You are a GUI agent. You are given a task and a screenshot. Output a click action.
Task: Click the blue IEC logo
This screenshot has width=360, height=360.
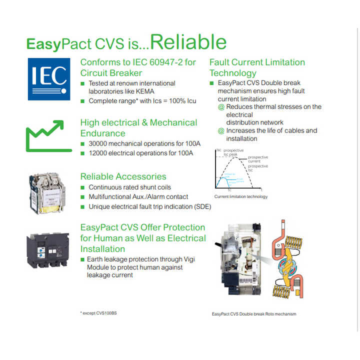point(48,78)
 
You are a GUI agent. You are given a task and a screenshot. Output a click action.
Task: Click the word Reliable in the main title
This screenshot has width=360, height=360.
point(188,42)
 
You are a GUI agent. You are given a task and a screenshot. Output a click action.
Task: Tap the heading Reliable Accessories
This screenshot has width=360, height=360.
point(123,176)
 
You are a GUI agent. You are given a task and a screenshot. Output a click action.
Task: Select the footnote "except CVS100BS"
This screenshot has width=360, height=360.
point(100,313)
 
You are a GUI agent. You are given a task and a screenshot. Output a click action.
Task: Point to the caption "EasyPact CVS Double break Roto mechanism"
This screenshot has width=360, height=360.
point(254,314)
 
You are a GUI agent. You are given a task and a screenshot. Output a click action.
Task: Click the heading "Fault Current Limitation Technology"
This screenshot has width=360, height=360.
point(256,67)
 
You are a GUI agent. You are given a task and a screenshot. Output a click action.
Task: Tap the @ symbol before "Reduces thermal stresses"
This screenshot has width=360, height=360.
point(221,107)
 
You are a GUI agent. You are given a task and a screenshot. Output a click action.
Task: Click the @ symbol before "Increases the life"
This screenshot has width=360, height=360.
point(221,131)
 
